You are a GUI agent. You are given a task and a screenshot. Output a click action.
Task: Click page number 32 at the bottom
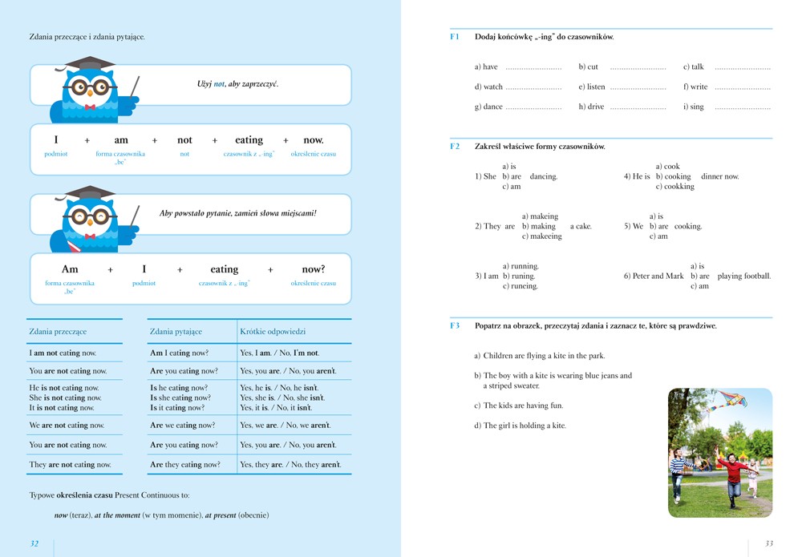point(34,543)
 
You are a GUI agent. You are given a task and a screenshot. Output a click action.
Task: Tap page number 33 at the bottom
point(769,543)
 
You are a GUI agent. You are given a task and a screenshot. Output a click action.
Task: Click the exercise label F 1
point(455,37)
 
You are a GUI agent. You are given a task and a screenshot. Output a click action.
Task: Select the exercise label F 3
point(455,326)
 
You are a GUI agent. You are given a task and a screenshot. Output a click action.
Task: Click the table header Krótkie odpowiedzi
point(273,331)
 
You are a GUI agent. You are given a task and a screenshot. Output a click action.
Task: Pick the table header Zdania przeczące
point(58,331)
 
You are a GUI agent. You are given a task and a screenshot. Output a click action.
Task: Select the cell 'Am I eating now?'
point(179,353)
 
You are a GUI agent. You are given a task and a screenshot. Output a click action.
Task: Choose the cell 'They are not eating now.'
point(70,464)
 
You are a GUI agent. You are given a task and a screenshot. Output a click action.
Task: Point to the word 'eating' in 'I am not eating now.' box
point(249,140)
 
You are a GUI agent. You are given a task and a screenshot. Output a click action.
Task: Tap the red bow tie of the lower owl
point(90,236)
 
